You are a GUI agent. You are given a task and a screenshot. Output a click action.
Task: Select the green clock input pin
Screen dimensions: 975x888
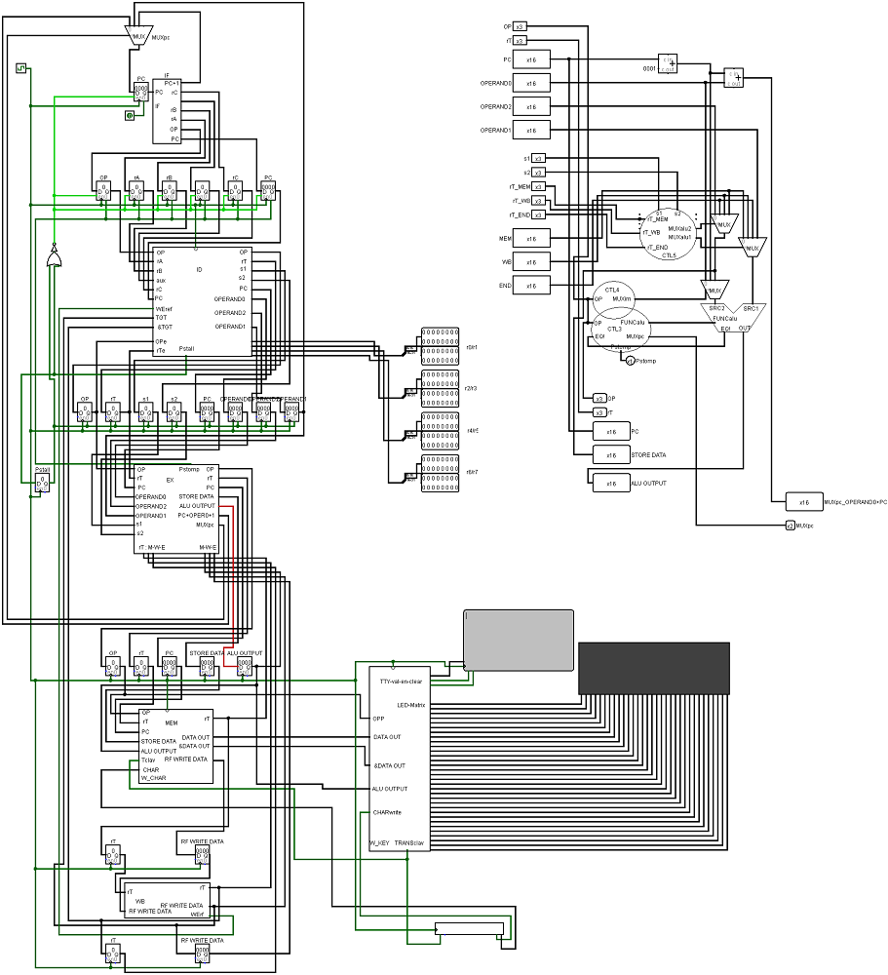[x=20, y=67]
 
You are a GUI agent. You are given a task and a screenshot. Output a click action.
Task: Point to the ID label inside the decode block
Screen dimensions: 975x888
[x=199, y=270]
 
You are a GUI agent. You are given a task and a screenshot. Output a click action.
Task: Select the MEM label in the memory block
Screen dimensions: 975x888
[x=171, y=723]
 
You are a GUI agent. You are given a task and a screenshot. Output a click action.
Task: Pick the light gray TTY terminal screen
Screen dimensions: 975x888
[x=518, y=640]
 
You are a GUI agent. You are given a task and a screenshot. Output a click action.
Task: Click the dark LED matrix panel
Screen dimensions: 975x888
[x=654, y=668]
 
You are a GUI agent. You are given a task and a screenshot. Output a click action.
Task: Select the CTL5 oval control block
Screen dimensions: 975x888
[x=668, y=234]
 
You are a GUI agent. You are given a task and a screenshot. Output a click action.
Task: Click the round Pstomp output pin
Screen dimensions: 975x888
[x=630, y=361]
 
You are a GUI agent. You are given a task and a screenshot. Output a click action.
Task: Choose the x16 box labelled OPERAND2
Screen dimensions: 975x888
[x=531, y=106]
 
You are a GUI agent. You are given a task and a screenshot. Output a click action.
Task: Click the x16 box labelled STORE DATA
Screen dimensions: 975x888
[x=611, y=454]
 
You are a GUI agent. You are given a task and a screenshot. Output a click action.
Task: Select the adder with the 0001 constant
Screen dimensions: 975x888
[x=668, y=64]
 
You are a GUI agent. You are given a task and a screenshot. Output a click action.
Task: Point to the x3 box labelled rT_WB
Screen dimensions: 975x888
[x=538, y=201]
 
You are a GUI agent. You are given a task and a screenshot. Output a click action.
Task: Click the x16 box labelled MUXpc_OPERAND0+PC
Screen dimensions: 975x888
[x=804, y=502]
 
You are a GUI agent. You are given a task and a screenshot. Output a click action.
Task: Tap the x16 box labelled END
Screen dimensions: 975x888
[x=531, y=286]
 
